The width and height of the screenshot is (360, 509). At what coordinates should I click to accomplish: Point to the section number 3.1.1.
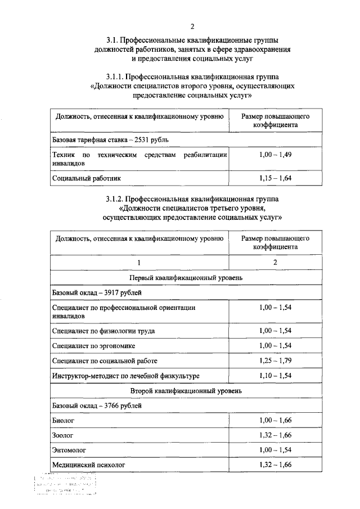115,76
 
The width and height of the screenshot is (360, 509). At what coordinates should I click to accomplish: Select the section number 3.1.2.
115,199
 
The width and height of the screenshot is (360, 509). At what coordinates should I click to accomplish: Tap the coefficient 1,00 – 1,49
275,155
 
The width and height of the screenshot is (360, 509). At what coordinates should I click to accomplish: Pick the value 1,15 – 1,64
275,178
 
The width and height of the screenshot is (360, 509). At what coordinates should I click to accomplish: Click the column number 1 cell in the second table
139,263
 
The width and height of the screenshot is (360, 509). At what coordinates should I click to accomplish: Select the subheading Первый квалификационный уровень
186,278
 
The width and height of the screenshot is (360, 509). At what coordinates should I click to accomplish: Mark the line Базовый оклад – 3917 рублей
97,293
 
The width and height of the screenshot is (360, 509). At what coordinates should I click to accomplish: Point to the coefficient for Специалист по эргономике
275,345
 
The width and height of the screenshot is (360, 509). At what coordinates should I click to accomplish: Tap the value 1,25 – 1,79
275,360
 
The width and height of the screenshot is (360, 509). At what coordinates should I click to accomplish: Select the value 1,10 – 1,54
275,375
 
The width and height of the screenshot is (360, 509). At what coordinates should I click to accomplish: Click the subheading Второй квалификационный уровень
186,390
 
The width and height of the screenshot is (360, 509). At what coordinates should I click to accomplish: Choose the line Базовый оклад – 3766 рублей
97,405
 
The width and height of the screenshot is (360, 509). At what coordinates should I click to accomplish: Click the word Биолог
63,420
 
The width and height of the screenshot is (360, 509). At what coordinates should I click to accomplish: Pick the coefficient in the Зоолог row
275,435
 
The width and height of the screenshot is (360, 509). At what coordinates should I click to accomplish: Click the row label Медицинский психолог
88,465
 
